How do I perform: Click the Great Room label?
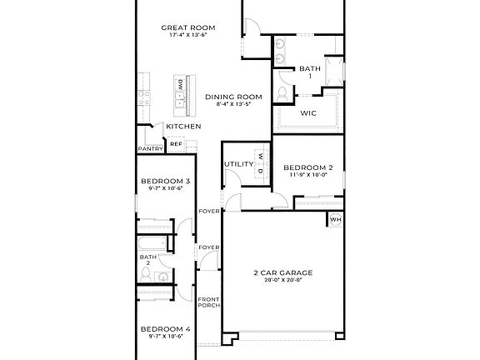tap(183, 27)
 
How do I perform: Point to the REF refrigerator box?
tap(176, 144)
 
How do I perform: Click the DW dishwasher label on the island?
tap(179, 84)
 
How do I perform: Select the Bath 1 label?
tap(310, 69)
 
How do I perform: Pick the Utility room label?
tap(238, 164)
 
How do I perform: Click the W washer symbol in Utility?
tap(260, 157)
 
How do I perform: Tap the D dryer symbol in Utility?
tap(260, 171)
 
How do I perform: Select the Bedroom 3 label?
tap(165, 182)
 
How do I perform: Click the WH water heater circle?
tap(336, 220)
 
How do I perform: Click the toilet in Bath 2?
tap(162, 276)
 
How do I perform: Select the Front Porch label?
tap(209, 302)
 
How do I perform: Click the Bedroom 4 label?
tap(165, 329)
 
